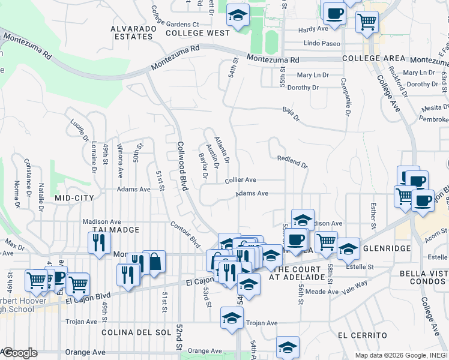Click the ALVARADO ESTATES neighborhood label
(x=132, y=32)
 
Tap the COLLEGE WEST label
(x=197, y=33)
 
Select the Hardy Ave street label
(x=313, y=29)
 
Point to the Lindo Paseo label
(x=322, y=44)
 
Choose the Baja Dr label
(x=291, y=110)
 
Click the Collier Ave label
(x=241, y=179)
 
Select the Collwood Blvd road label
(x=182, y=167)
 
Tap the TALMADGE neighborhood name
(x=116, y=230)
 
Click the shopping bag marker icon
(x=154, y=262)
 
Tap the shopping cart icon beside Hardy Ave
(x=367, y=22)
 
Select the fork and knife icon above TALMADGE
(x=98, y=242)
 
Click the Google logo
(x=19, y=353)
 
